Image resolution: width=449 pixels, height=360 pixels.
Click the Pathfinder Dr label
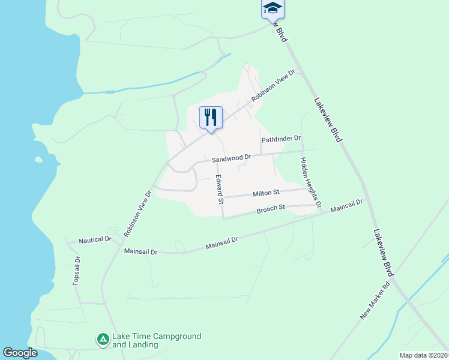281,139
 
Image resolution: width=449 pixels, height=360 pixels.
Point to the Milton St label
266,193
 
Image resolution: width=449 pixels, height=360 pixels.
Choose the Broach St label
270,209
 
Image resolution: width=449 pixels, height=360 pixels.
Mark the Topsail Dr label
76,272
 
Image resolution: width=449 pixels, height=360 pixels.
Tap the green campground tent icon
103,340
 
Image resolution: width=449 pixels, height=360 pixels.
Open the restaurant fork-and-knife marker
211,118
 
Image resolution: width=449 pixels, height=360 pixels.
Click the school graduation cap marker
273,8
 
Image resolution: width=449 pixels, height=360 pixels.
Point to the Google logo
20,353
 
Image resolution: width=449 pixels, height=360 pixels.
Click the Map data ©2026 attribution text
423,355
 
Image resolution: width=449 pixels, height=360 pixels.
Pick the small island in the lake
39,160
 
